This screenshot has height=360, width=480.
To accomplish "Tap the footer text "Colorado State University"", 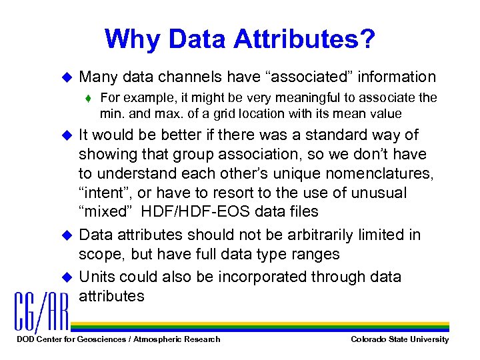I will coord(399,339).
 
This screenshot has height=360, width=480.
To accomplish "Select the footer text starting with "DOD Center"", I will coord(117,339).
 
